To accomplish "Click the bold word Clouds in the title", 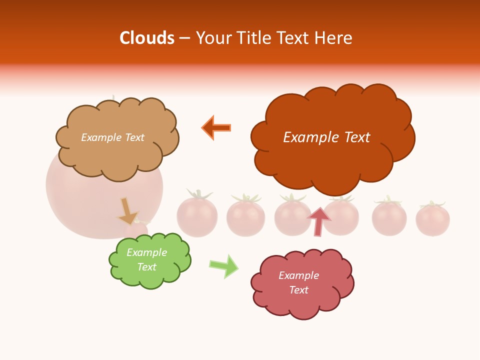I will tap(147, 38).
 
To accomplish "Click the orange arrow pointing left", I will tap(216, 127).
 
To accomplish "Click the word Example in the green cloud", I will tap(146, 252).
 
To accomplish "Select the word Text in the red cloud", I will tap(299, 290).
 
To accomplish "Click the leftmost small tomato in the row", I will tap(197, 216).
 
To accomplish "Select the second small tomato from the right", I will tap(389, 218).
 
